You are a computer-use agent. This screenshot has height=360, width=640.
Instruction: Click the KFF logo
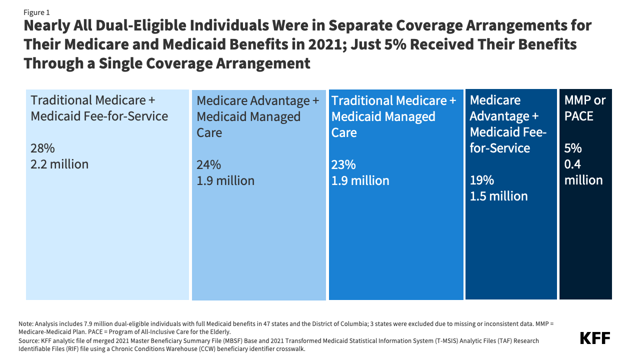coord(594,338)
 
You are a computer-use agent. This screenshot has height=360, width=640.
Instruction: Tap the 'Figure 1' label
coord(37,12)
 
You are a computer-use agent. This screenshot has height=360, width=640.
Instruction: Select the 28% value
coord(42,148)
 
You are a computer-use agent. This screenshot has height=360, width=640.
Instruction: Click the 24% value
coord(208,164)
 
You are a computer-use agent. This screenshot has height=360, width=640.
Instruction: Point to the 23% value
coord(343,164)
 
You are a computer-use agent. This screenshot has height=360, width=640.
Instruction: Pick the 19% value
coord(481,180)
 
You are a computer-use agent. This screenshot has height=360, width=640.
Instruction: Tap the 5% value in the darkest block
coord(573,148)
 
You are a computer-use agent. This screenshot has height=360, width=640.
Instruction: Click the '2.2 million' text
coord(59,164)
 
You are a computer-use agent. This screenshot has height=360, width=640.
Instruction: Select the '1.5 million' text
coord(498,196)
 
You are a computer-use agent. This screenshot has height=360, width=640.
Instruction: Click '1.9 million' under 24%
coord(225,180)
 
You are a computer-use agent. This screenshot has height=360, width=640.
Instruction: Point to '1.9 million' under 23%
coord(360,180)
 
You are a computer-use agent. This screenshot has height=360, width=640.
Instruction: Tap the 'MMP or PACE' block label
coord(584,108)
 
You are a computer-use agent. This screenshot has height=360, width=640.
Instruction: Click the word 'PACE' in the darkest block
coord(579,116)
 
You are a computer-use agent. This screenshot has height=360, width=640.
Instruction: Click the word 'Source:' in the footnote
coord(28,340)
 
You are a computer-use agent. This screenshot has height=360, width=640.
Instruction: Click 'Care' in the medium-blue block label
coord(344,133)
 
